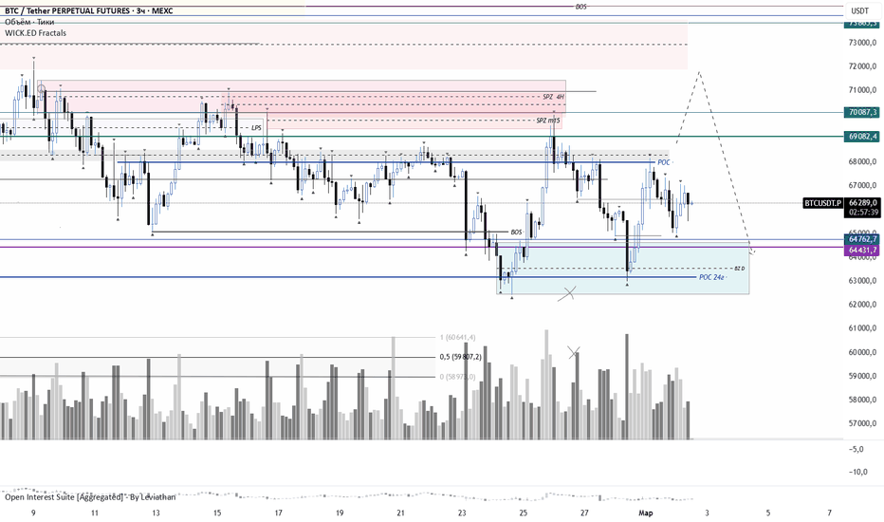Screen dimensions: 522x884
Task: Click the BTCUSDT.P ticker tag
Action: click(x=822, y=202)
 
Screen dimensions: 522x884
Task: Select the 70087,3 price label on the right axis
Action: click(x=862, y=112)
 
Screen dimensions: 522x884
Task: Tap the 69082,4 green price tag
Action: click(x=862, y=137)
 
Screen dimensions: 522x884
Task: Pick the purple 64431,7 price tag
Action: click(x=862, y=249)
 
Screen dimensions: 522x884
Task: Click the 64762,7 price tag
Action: click(x=862, y=239)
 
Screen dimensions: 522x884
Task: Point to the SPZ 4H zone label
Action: click(x=553, y=97)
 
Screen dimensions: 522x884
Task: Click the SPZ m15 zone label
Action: click(x=547, y=121)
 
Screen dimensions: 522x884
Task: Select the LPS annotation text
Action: click(x=256, y=127)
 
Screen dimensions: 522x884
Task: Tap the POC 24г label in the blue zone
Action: click(x=711, y=277)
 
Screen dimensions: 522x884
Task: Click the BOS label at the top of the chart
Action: click(x=581, y=7)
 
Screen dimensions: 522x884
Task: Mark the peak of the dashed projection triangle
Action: click(x=699, y=71)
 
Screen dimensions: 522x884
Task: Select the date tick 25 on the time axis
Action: click(x=524, y=513)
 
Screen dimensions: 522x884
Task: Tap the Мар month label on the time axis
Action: click(x=646, y=513)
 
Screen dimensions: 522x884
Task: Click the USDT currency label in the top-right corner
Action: click(x=859, y=10)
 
